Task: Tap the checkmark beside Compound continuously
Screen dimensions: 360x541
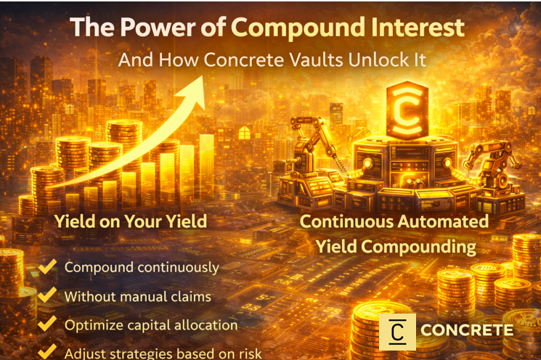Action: (x=47, y=267)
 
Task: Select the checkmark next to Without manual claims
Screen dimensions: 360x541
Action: (x=47, y=296)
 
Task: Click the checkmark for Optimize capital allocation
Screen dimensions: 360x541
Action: (x=47, y=324)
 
